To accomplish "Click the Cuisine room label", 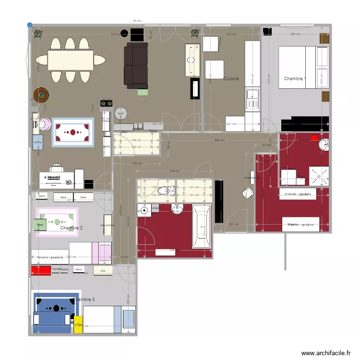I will (231, 78).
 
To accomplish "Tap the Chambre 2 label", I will (71, 228).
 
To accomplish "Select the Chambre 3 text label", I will (84, 300).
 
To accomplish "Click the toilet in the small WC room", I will (168, 192).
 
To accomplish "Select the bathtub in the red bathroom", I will (201, 226).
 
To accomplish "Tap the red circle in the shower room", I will (315, 138).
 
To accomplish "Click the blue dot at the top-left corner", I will (30, 24).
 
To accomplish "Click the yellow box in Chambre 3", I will (78, 324).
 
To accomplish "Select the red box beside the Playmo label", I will (41, 270).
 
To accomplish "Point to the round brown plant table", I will (41, 95).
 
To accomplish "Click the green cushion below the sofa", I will (143, 92).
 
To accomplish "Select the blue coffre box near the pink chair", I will (37, 142).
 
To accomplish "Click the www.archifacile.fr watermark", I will (326, 353).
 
